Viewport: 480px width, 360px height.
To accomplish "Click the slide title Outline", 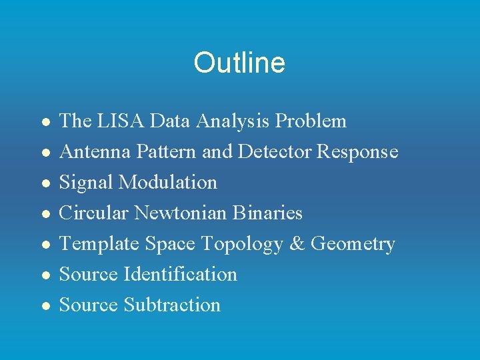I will (x=239, y=63).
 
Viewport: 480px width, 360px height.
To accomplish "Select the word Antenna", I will (x=95, y=151).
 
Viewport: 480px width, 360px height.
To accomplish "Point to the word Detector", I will (x=275, y=151).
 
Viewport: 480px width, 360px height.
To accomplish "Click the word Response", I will (x=357, y=151).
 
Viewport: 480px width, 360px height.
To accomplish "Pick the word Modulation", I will (x=171, y=182).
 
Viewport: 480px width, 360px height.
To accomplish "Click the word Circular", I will (x=94, y=213).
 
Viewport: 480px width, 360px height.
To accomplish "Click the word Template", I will (x=99, y=244).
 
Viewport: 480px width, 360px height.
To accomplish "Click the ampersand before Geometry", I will (x=297, y=244).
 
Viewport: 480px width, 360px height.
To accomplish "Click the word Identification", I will (x=179, y=274).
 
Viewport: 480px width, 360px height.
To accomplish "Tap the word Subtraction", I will (x=172, y=305).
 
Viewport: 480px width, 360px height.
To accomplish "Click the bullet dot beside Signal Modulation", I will (x=44, y=183).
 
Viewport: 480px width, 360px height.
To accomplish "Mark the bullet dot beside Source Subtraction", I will (x=44, y=305).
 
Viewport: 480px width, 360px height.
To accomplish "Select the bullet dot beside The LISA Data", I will (x=44, y=121).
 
